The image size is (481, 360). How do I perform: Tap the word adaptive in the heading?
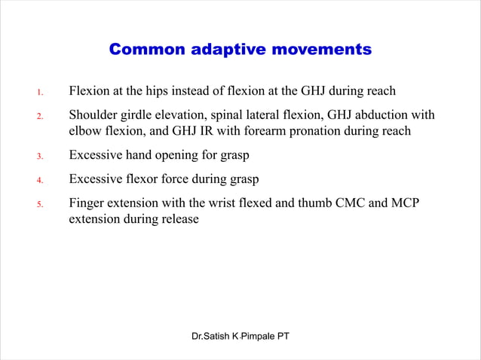tap(225, 50)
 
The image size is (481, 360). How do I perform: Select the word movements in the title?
tap(321, 50)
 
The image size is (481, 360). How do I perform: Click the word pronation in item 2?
tap(324, 131)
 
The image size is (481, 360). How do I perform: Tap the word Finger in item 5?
tap(87, 203)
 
